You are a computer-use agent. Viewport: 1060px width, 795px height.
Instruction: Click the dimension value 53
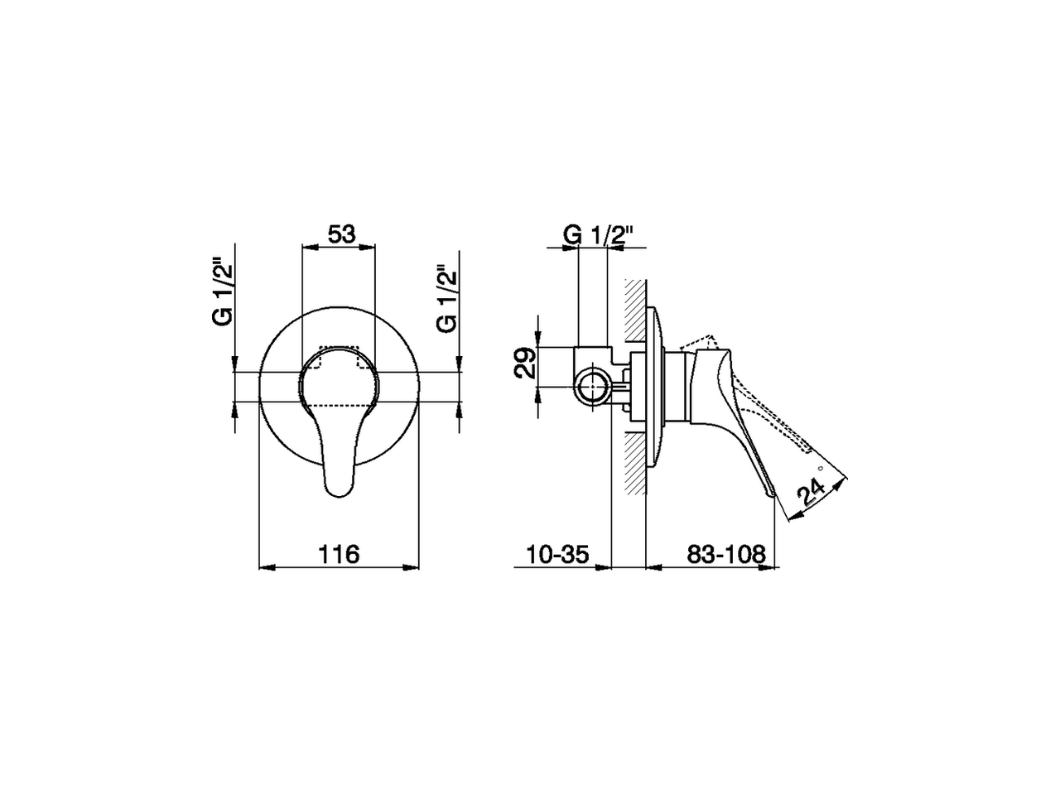pos(340,234)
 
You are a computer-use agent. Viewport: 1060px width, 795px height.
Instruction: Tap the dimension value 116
pos(340,554)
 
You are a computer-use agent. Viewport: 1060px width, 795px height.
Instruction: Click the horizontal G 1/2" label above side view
pos(598,235)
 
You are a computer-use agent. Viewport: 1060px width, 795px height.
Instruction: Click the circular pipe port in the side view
pos(593,387)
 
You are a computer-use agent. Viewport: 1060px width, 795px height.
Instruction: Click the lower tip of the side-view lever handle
pos(771,494)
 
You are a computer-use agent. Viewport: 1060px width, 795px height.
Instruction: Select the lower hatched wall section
pos(634,464)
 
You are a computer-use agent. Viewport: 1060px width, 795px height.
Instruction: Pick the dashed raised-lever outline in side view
pos(700,342)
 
